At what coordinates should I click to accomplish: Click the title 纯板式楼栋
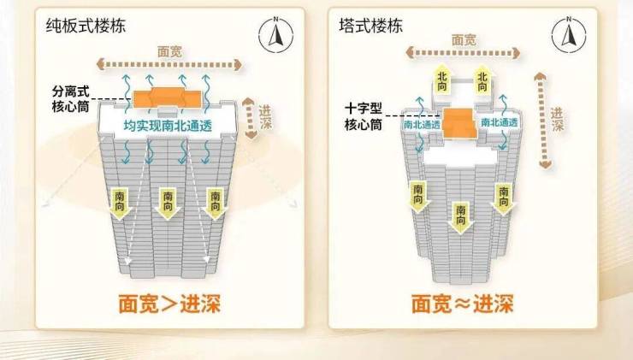(x=86, y=27)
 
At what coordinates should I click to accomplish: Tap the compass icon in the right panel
(x=567, y=34)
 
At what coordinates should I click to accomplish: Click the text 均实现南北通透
(x=168, y=127)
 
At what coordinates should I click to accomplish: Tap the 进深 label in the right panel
(x=557, y=120)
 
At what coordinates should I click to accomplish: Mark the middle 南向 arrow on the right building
(x=461, y=219)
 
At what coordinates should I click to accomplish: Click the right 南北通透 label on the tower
(x=499, y=123)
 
